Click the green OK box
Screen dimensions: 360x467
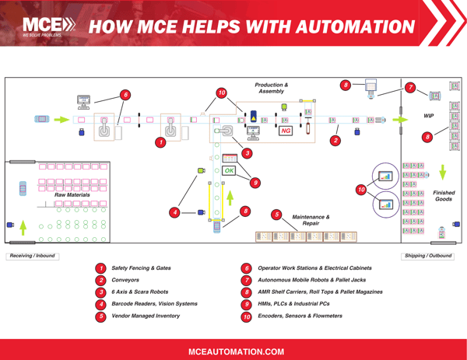[x=230, y=170]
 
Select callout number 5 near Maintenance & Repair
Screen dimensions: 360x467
[x=276, y=214]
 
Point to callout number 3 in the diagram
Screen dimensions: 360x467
[x=247, y=152]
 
